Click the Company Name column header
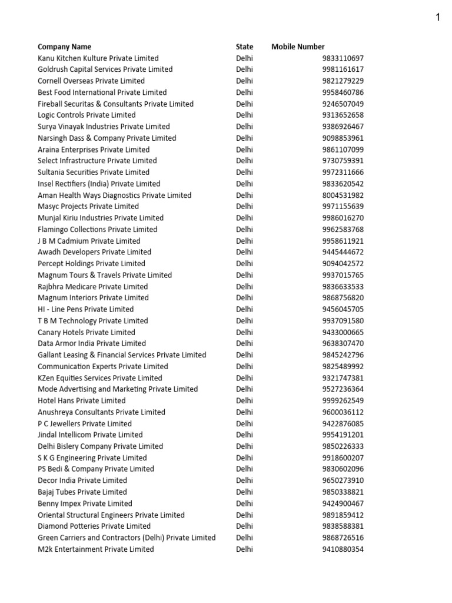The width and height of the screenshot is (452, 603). click(x=64, y=47)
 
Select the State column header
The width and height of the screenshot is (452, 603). click(x=244, y=47)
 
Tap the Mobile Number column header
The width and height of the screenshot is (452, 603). click(x=298, y=47)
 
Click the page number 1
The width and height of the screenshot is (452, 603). click(x=438, y=17)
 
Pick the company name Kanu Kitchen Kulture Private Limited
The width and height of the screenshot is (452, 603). click(x=98, y=58)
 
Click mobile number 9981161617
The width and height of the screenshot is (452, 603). click(x=343, y=69)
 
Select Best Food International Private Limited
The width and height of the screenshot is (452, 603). click(x=102, y=92)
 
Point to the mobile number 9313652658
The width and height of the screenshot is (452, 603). click(x=343, y=115)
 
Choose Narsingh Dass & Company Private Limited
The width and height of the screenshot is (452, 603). click(x=107, y=138)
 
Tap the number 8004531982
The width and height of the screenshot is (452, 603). click(x=343, y=195)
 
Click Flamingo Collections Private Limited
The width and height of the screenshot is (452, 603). click(x=97, y=229)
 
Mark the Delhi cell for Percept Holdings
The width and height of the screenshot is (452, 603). click(x=244, y=263)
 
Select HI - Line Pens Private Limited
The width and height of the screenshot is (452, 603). click(x=85, y=309)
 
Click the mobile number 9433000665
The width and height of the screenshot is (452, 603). click(x=343, y=332)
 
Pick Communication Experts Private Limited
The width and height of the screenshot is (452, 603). click(x=102, y=366)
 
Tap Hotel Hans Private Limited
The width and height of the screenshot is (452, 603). click(x=81, y=400)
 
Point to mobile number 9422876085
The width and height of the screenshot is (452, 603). click(x=343, y=423)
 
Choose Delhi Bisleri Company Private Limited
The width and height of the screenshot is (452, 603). click(x=100, y=446)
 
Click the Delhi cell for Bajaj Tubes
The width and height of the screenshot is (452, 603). click(x=244, y=492)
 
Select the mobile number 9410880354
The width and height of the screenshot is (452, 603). click(x=343, y=549)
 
